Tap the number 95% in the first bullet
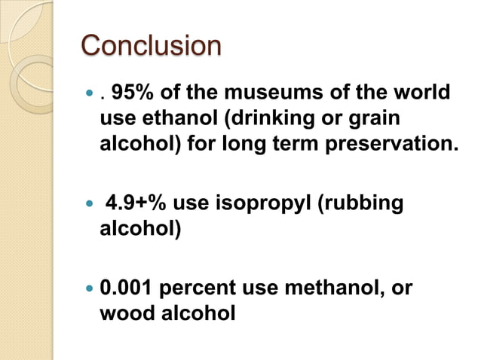pyautogui.click(x=132, y=94)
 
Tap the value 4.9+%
pyautogui.click(x=136, y=203)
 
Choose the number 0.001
pyautogui.click(x=127, y=287)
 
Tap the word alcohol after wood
pyautogui.click(x=195, y=311)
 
